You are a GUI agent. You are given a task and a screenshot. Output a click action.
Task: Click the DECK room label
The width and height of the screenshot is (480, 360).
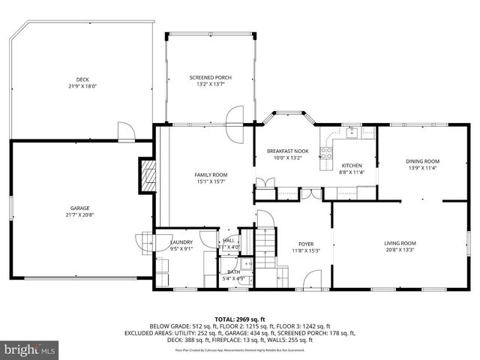pyautogui.click(x=82, y=79)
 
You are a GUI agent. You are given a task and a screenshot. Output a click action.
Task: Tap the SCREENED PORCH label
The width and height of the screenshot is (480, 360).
pyautogui.click(x=210, y=78)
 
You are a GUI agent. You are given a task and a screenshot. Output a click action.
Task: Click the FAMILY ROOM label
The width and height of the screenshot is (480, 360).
pyautogui.click(x=211, y=175)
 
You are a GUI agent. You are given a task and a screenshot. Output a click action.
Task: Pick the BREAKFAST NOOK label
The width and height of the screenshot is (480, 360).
pyautogui.click(x=288, y=151)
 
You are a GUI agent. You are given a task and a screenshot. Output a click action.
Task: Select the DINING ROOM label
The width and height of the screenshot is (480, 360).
pyautogui.click(x=422, y=161)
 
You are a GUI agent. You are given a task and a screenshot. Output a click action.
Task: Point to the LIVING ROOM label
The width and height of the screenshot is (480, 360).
pyautogui.click(x=400, y=243)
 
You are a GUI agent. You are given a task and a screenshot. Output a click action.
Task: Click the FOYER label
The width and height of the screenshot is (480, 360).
pyautogui.click(x=306, y=244)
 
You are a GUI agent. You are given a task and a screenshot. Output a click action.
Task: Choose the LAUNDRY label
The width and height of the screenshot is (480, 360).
pyautogui.click(x=181, y=242)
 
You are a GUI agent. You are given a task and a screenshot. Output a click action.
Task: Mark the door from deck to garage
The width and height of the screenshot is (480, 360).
pyautogui.click(x=127, y=133)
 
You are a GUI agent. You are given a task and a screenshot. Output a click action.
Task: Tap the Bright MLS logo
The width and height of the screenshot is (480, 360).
pyautogui.click(x=30, y=349)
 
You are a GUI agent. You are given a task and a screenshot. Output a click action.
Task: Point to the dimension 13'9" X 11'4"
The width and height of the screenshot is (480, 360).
pyautogui.click(x=422, y=168)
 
